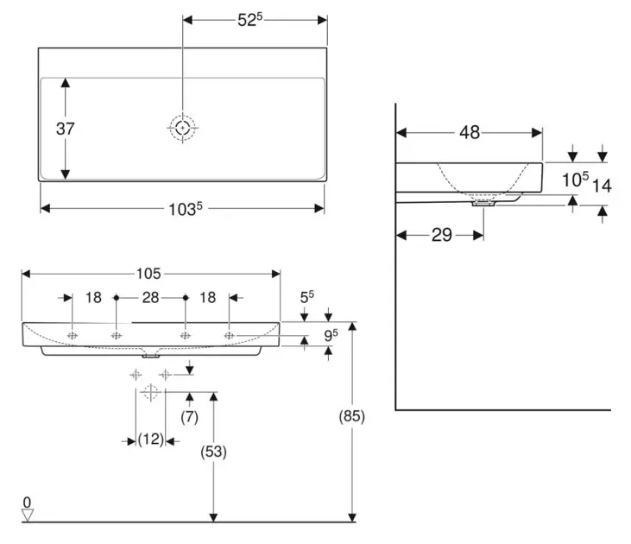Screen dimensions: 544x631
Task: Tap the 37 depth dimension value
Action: click(66, 129)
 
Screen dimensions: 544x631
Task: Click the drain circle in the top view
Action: click(182, 129)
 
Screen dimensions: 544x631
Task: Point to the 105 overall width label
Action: click(148, 274)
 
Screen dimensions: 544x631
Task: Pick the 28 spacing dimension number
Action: click(150, 297)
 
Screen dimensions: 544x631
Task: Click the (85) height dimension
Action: click(352, 416)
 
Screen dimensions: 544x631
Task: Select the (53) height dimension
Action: click(212, 451)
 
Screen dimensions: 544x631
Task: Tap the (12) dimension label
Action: click(151, 440)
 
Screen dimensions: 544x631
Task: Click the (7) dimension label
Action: click(189, 417)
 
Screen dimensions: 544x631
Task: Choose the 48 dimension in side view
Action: click(470, 133)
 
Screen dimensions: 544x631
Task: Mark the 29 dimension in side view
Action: click(441, 235)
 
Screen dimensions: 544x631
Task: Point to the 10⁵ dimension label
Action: click(575, 180)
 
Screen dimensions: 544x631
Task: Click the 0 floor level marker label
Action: click(27, 502)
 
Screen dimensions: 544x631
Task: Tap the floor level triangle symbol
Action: click(27, 515)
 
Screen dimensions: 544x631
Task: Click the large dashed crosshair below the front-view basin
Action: click(151, 394)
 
